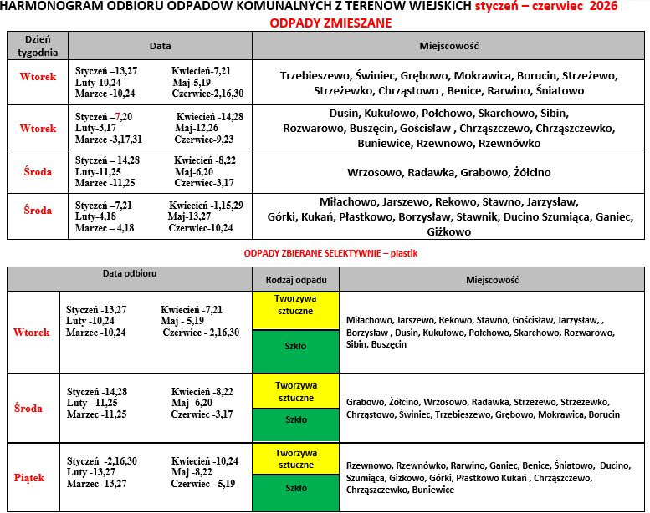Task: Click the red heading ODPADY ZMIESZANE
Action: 331,23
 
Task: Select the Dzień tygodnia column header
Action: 38,45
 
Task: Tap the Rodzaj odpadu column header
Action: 295,280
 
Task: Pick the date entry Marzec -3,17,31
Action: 109,140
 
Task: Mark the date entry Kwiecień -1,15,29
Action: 206,205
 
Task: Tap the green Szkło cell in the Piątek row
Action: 295,488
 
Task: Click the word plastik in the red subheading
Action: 404,252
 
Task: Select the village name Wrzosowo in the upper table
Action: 376,173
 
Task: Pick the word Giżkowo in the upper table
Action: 448,232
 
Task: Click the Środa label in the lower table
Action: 29,409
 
